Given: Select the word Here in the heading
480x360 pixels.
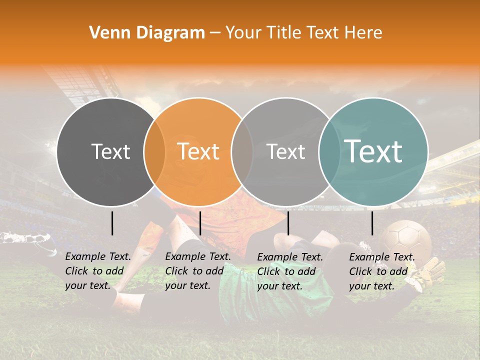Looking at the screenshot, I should pyautogui.click(x=363, y=33).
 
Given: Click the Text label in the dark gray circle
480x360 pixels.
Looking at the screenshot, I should pyautogui.click(x=110, y=151).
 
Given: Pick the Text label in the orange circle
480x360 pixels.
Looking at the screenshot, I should pyautogui.click(x=198, y=151).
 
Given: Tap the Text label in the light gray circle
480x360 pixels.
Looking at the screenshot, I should pyautogui.click(x=285, y=151).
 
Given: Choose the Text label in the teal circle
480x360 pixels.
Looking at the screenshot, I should pyautogui.click(x=373, y=151).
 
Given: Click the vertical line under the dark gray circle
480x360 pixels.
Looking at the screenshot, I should pyautogui.click(x=112, y=223).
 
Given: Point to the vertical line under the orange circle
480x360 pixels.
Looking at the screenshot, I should pyautogui.click(x=200, y=223).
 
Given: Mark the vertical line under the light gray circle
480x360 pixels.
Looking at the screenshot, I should pyautogui.click(x=288, y=223).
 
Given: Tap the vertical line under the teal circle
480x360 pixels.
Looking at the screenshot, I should pyautogui.click(x=372, y=223).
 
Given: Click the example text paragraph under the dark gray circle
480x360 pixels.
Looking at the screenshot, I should pyautogui.click(x=98, y=271).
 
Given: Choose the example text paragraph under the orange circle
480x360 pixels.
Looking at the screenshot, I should pyautogui.click(x=198, y=271).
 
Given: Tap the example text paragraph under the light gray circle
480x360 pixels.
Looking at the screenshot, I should pyautogui.click(x=290, y=271).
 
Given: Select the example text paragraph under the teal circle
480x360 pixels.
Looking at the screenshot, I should pyautogui.click(x=382, y=271).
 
